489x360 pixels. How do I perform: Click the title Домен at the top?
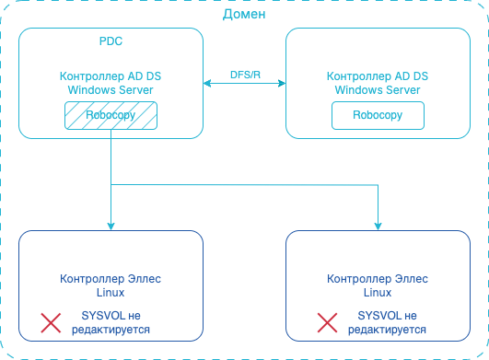[x=244, y=15]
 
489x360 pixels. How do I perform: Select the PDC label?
[x=111, y=42]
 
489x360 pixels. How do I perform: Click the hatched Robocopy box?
[x=111, y=115]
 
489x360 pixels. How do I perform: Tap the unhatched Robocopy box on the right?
[x=378, y=115]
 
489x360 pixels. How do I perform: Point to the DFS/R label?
[x=244, y=73]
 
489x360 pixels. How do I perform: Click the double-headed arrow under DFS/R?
[x=244, y=85]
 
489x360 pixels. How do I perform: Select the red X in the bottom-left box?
[x=51, y=322]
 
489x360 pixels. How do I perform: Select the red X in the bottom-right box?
[x=327, y=322]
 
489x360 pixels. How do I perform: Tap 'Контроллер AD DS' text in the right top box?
[x=378, y=76]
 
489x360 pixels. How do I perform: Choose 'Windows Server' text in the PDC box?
[x=111, y=89]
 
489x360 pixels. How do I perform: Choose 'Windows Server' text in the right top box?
[x=378, y=89]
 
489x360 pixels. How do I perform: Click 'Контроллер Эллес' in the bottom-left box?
[x=111, y=279]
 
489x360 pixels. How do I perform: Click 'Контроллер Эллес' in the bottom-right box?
[x=378, y=279]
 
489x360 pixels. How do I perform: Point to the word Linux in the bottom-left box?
[x=111, y=292]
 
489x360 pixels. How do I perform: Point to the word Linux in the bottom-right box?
[x=378, y=292]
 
